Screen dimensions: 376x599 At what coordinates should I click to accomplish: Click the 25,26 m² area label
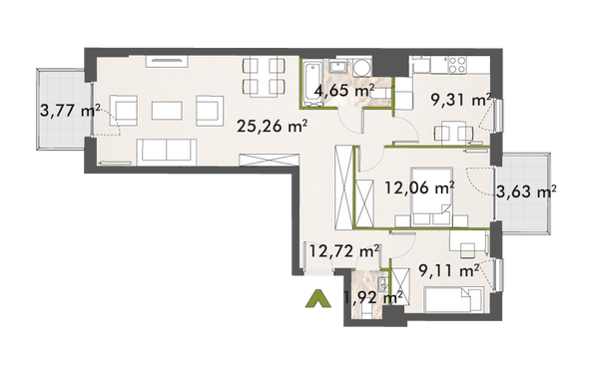point(271,125)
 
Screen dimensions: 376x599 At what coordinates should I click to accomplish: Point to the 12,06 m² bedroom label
point(419,185)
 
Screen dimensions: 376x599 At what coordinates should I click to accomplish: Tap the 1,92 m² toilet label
point(371,296)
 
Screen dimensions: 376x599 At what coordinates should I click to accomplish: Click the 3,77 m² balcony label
point(69,111)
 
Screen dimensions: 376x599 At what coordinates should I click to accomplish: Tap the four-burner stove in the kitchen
point(456,64)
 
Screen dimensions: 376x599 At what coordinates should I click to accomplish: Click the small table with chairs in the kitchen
point(453,130)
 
